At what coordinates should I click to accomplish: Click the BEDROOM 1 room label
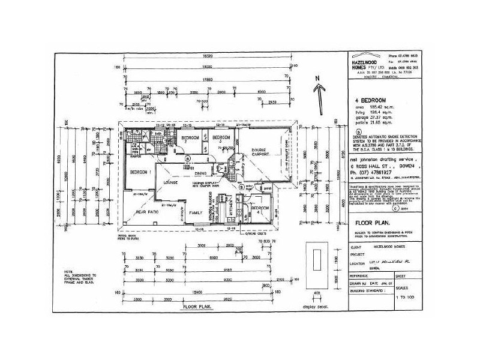141,172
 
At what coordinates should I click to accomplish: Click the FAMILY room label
196,213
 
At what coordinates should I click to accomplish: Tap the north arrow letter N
321,77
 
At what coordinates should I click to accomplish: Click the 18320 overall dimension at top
209,50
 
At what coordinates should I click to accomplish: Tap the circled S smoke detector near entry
242,186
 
